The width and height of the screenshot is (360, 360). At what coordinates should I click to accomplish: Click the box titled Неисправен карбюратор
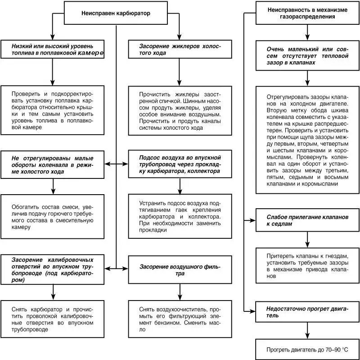(x=116, y=13)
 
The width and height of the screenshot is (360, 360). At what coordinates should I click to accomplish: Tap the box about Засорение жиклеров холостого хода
(x=180, y=49)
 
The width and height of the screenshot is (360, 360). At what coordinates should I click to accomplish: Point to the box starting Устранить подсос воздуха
(x=180, y=216)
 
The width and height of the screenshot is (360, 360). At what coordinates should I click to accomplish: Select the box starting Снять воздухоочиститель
(x=180, y=319)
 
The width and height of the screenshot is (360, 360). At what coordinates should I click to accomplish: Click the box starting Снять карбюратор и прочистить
(x=53, y=319)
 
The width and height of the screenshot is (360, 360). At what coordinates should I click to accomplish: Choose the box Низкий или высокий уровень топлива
(x=53, y=49)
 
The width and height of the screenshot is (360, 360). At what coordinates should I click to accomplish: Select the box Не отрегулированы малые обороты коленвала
(x=53, y=165)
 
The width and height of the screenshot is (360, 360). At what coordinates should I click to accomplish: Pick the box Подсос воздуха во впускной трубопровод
(x=180, y=165)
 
